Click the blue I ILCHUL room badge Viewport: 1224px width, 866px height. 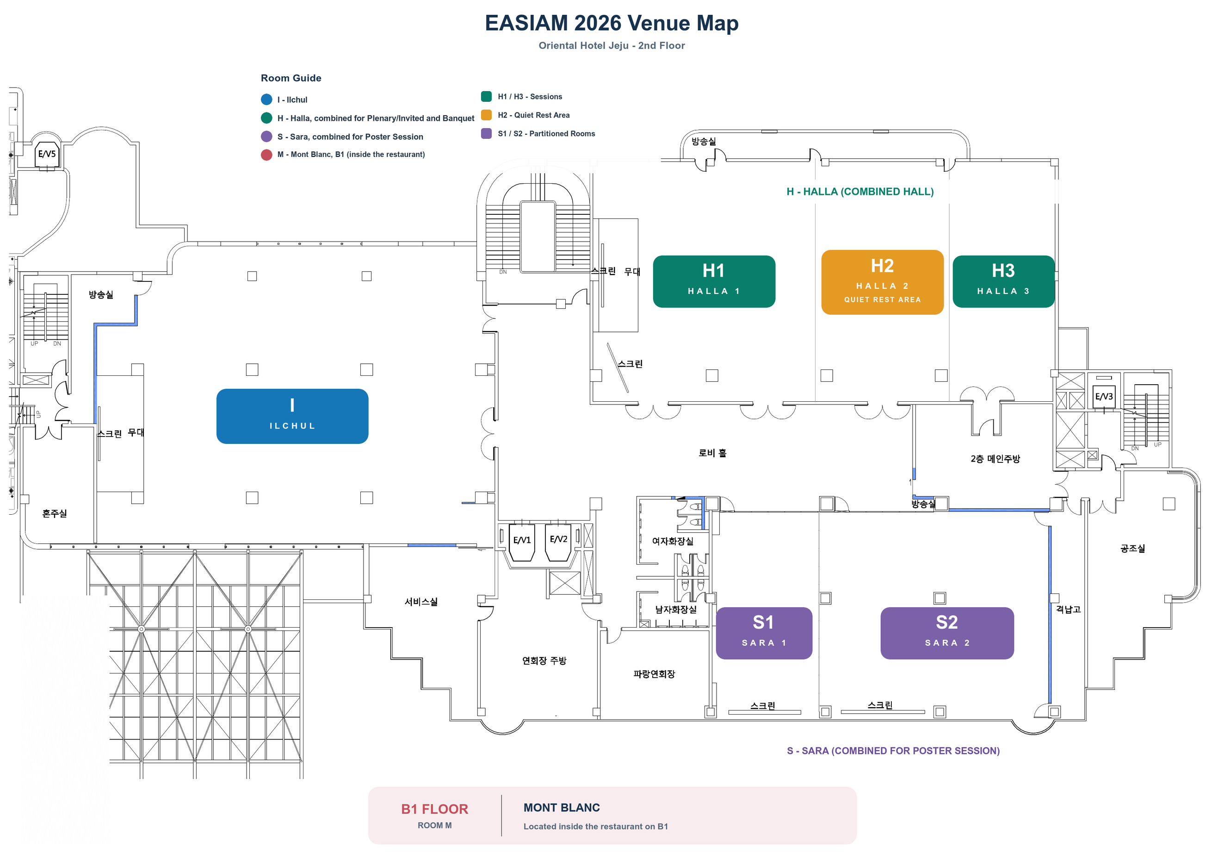click(x=292, y=416)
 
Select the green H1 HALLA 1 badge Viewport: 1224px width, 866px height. click(x=714, y=281)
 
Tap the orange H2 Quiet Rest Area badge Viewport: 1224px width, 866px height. click(x=882, y=282)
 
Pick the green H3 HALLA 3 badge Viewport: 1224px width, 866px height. click(x=1003, y=281)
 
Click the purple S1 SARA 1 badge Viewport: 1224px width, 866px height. click(x=764, y=633)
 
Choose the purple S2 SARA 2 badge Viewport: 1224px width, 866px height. click(x=947, y=633)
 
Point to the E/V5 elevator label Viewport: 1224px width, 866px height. click(x=47, y=154)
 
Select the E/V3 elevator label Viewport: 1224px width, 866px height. click(x=1104, y=397)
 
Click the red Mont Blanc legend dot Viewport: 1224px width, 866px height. click(x=266, y=155)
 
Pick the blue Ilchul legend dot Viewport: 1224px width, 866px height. click(x=266, y=100)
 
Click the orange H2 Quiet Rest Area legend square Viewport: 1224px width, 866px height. click(x=486, y=115)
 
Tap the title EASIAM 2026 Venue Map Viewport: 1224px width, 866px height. click(x=612, y=23)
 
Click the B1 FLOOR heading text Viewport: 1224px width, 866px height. click(x=434, y=809)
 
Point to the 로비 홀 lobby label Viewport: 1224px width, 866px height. click(x=712, y=453)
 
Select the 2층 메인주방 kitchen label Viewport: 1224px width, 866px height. click(x=995, y=459)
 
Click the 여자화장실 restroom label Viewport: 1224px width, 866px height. click(x=673, y=541)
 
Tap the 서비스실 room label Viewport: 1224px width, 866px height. click(x=421, y=602)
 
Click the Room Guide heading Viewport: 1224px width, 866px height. click(x=291, y=78)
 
